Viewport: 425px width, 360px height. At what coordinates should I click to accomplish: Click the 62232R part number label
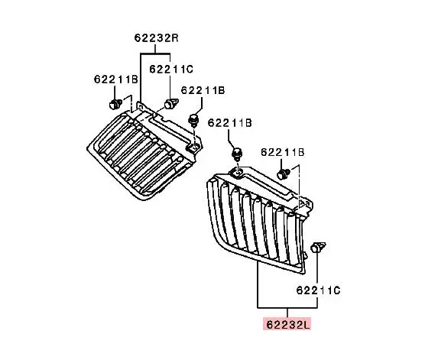157,38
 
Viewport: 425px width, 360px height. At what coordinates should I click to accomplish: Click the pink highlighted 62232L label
288,325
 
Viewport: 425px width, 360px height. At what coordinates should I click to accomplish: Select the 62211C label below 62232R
171,70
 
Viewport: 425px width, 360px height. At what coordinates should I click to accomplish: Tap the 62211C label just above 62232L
318,290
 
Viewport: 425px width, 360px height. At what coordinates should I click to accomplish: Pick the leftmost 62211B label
115,79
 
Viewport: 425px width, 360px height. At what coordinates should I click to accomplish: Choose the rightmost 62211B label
282,152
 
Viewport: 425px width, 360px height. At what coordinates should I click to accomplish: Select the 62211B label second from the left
203,90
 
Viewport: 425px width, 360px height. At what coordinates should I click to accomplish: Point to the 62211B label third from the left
229,123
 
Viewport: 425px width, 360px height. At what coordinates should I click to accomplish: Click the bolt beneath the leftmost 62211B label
115,105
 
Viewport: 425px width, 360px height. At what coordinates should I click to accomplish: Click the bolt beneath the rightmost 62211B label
284,174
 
